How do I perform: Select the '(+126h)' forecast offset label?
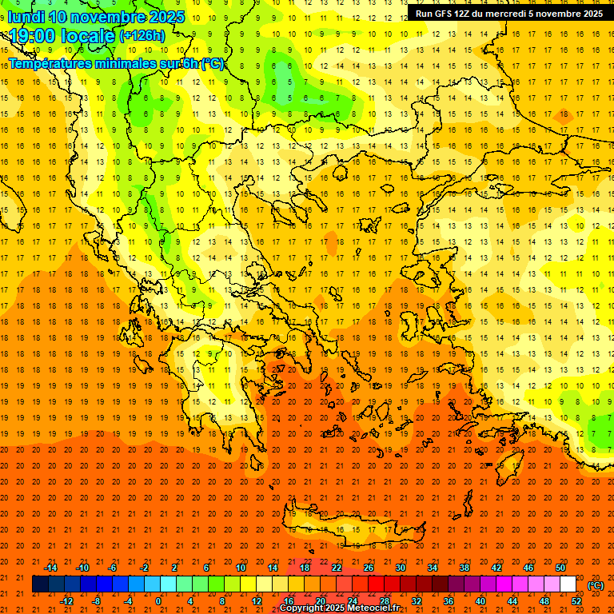coord(142,36)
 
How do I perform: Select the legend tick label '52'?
coord(576,601)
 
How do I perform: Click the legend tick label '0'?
coord(158,601)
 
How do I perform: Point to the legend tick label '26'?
coord(369,568)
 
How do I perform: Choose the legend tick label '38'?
coord(464,568)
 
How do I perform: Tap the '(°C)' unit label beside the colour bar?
coord(596,585)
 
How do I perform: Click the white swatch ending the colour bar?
coord(568,584)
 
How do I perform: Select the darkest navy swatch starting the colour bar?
coord(40,584)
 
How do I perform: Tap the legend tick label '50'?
coord(560,568)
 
